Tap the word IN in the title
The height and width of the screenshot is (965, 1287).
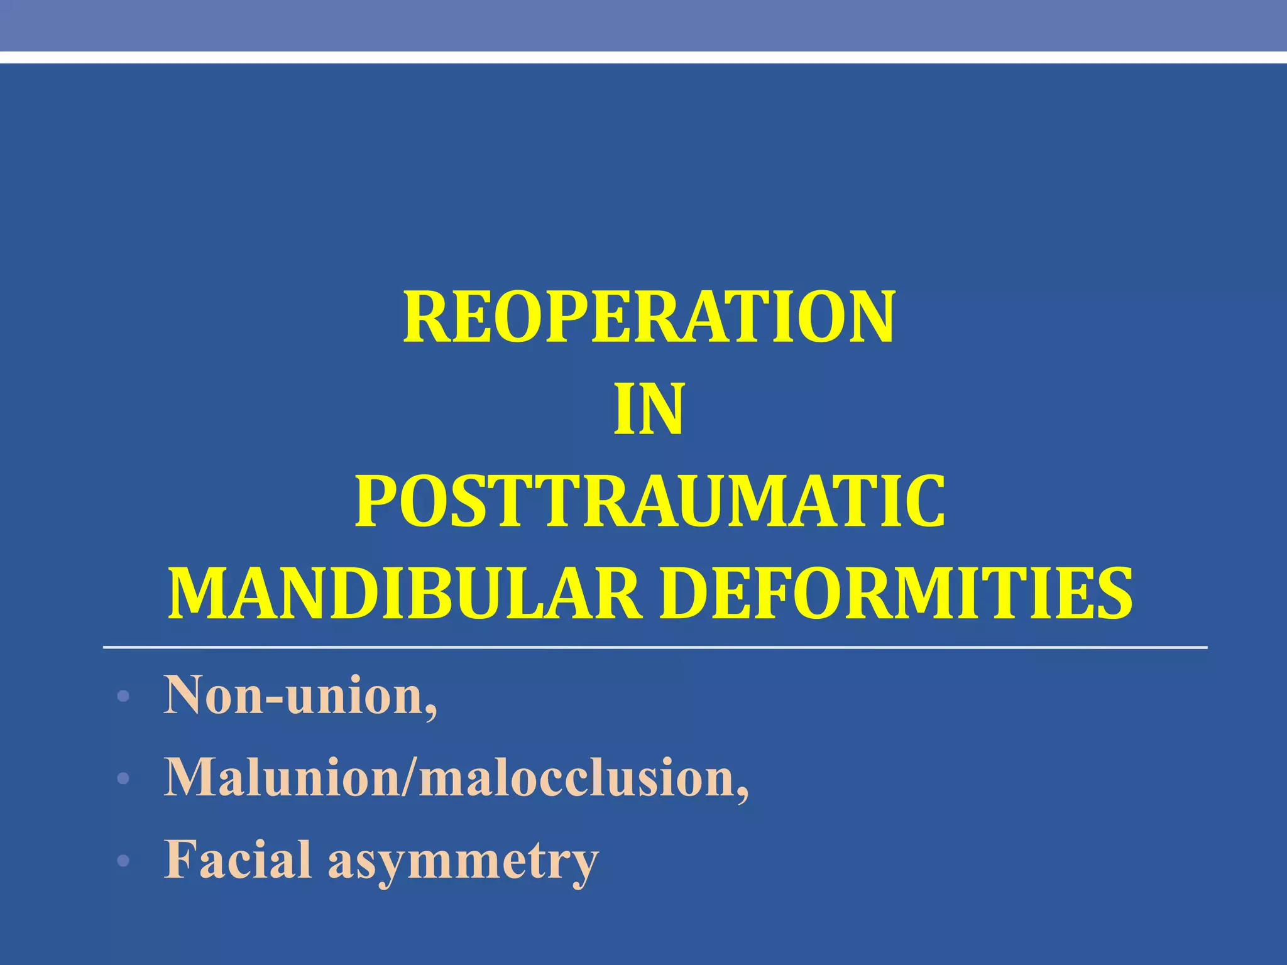(649, 410)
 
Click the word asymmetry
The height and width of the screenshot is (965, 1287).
(463, 862)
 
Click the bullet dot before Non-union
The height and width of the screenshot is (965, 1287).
(123, 697)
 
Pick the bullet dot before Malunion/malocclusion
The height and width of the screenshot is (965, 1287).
(123, 779)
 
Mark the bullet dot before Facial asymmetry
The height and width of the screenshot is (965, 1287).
(123, 860)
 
